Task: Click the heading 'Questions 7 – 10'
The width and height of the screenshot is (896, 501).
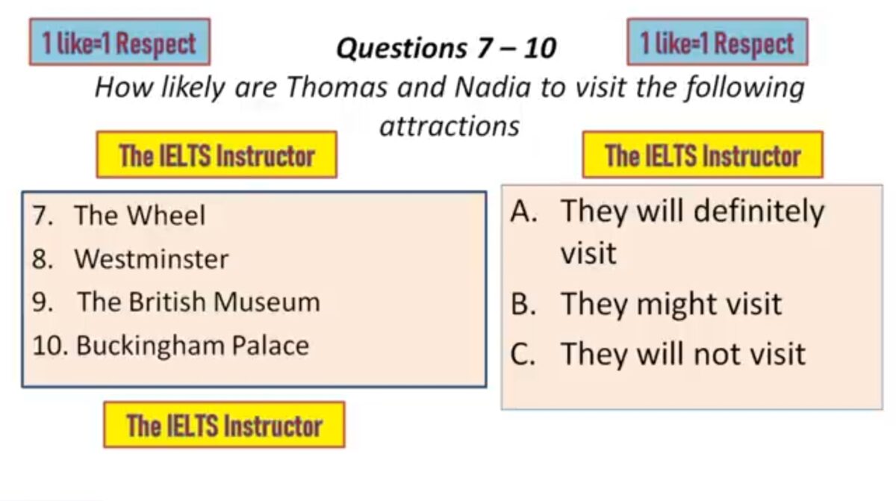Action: coord(446,49)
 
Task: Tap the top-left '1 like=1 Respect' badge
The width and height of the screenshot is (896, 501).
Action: coord(119,42)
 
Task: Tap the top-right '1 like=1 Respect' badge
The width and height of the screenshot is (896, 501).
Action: coord(718,42)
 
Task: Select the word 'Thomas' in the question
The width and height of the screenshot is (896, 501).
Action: coord(337,87)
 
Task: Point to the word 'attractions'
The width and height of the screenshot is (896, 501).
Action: coord(449,126)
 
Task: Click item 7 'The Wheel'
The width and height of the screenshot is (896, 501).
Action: coord(139,215)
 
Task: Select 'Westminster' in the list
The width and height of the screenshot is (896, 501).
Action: coord(151,258)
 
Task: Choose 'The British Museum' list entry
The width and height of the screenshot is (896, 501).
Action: coord(199,302)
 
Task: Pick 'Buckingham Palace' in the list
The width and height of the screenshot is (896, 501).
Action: coord(193,346)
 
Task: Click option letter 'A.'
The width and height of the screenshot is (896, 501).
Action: coord(523,211)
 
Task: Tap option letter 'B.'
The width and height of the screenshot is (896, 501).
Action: coord(523,304)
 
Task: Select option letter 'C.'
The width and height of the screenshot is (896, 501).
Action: coord(523,353)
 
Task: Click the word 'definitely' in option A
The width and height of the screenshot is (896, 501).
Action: coord(759,212)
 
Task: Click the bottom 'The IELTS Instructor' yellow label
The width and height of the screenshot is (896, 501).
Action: coord(225,425)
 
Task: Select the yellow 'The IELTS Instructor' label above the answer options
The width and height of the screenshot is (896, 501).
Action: coord(703,155)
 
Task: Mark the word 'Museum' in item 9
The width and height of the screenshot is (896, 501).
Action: coord(267,302)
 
